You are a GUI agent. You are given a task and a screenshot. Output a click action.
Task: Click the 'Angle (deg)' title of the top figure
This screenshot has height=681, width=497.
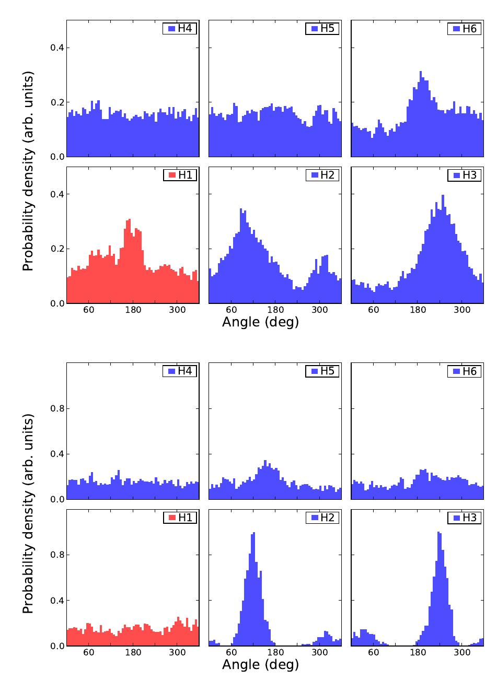[260, 322]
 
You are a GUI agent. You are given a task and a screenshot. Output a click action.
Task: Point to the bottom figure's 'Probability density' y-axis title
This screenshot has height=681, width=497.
[28, 514]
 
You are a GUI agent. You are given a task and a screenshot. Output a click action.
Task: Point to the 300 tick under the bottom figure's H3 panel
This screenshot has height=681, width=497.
[461, 653]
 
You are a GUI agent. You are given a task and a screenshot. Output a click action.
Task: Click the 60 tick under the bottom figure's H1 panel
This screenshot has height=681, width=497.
[88, 653]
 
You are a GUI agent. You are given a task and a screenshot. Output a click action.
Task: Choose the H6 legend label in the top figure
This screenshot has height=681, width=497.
[469, 29]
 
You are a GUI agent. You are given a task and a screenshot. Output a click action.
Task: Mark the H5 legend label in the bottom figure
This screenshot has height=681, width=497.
[327, 371]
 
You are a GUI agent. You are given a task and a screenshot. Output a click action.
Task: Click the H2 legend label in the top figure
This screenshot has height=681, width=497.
[327, 175]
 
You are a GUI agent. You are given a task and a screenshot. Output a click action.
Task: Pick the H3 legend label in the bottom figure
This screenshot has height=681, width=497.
[469, 518]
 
